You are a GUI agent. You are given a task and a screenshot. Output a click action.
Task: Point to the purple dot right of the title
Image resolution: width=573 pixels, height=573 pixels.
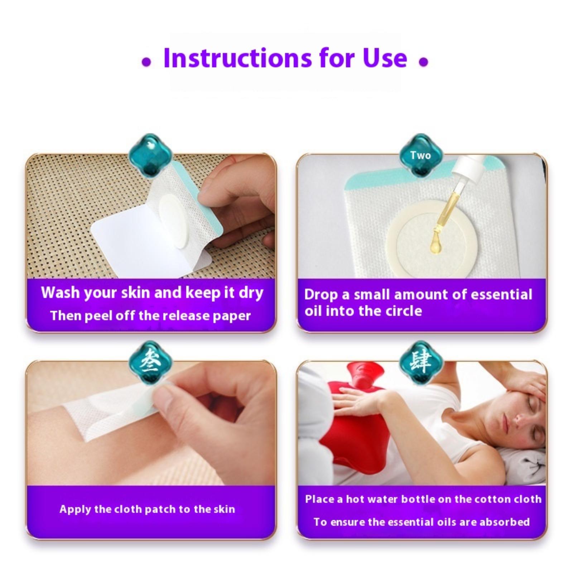[423, 62]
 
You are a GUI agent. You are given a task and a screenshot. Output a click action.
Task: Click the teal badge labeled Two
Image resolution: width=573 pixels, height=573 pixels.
[420, 155]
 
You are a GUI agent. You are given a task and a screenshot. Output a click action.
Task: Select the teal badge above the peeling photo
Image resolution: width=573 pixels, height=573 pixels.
[150, 155]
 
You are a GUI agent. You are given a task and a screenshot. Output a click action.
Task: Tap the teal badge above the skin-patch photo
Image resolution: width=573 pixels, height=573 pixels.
[150, 362]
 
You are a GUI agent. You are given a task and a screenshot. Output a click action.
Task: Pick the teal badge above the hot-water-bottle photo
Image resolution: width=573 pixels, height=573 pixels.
[420, 362]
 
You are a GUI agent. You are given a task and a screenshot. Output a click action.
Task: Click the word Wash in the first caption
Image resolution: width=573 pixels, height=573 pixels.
[60, 293]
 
